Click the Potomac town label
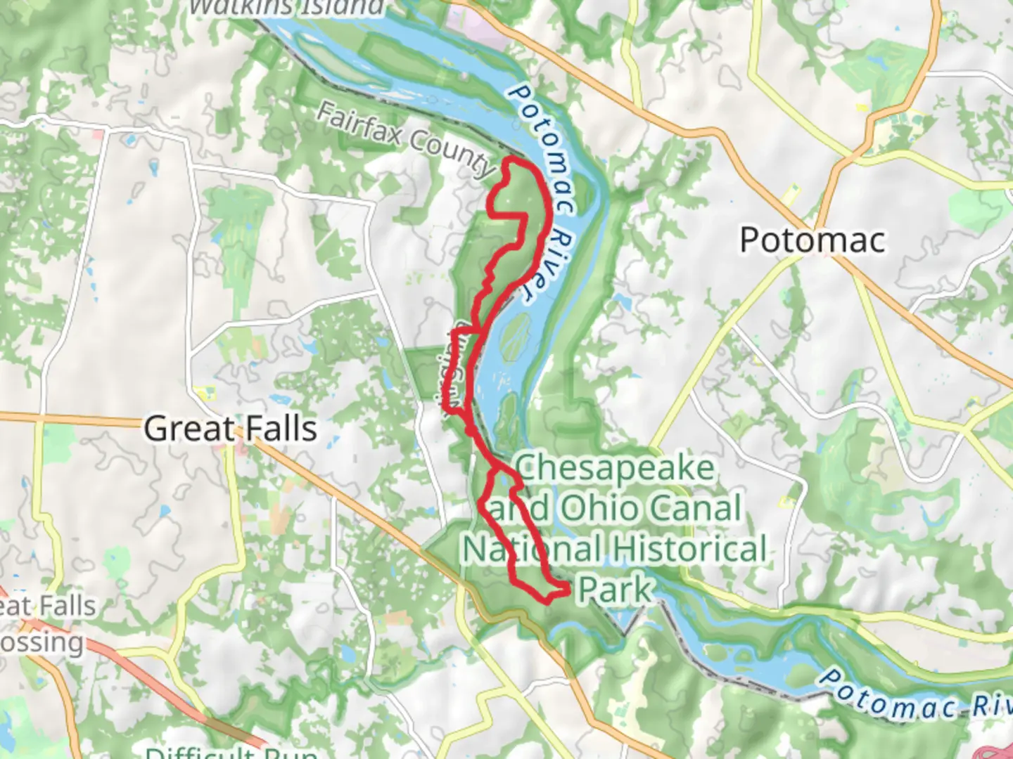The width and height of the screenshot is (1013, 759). (x=813, y=240)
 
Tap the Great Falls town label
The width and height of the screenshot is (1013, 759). (x=230, y=429)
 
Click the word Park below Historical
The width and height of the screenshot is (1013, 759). (x=615, y=589)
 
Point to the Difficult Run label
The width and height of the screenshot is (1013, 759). (x=232, y=753)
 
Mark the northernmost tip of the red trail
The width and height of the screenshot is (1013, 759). (x=512, y=162)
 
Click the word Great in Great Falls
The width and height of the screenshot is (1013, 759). (x=186, y=429)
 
